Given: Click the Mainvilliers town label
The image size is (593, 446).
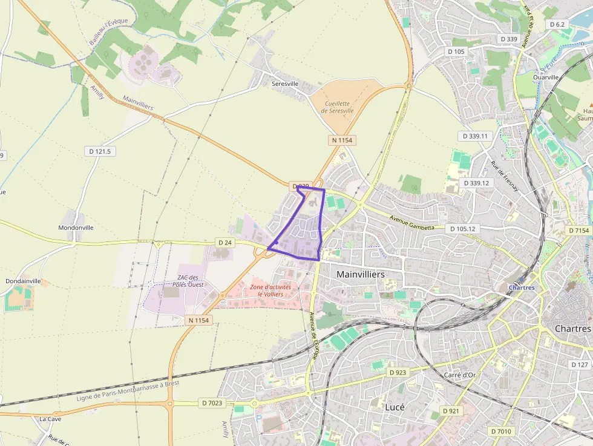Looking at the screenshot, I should click(361, 274).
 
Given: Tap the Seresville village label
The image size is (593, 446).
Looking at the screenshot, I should click(286, 84).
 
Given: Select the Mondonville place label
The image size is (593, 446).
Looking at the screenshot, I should click(76, 228).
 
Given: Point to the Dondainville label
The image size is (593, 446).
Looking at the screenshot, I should click(23, 281).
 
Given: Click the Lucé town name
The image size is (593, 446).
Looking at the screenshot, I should click(395, 407).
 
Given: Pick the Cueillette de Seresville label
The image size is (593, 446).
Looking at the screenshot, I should click(337, 107).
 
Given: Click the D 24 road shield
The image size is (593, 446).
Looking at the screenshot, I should click(224, 243).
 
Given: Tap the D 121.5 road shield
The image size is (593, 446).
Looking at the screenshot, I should click(100, 151).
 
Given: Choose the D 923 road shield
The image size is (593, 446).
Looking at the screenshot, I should click(398, 372).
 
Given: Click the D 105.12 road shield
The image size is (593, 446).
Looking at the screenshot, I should click(463, 229).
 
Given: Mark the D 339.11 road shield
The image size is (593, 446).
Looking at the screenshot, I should click(475, 136).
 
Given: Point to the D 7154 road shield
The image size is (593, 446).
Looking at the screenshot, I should click(579, 231).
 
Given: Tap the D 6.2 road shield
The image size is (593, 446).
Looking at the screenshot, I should click(557, 24).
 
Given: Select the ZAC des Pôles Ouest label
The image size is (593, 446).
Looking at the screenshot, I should click(187, 281).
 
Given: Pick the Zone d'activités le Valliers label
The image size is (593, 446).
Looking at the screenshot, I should click(270, 290).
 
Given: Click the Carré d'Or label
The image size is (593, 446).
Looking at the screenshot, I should click(460, 375).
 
